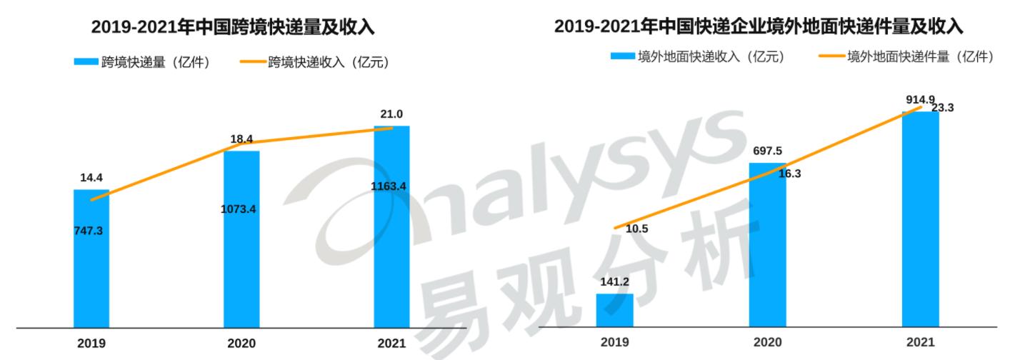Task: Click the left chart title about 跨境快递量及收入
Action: [233, 28]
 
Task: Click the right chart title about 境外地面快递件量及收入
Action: [759, 27]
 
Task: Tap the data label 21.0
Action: [391, 114]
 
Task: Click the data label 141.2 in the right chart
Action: [614, 281]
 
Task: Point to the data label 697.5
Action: [767, 151]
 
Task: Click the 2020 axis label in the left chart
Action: [241, 344]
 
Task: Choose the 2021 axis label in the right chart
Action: [920, 342]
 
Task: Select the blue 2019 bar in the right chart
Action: [614, 310]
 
